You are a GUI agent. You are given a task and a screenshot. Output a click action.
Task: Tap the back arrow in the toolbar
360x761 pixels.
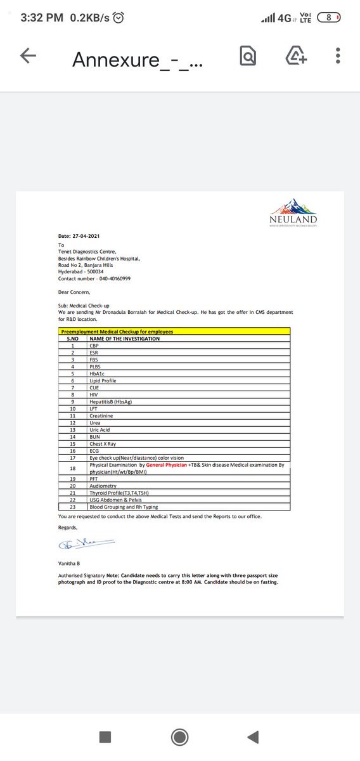pos(29,57)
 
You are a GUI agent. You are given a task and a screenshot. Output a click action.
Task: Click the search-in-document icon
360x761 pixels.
pos(248,57)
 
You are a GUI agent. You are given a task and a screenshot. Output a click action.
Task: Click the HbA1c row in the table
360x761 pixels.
pos(98,374)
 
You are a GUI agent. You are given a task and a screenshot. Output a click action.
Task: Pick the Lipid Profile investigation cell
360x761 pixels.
pos(103,380)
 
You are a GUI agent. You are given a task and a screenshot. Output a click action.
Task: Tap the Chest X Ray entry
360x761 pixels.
pos(102,443)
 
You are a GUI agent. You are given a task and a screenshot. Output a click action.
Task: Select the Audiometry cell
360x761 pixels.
pos(103,486)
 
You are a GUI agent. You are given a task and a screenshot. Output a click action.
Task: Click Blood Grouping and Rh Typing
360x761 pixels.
pos(124,507)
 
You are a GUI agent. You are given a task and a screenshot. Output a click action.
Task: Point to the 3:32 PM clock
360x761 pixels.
pos(42,18)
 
